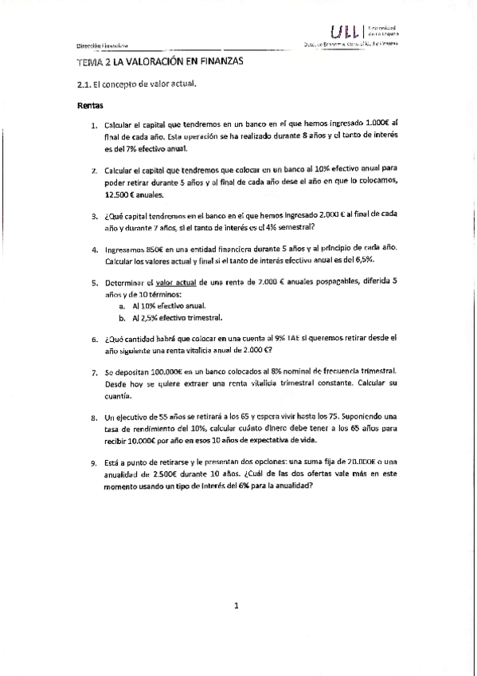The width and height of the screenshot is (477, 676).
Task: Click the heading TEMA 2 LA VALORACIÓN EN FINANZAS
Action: point(159,61)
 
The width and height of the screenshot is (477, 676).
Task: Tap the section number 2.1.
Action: point(84,83)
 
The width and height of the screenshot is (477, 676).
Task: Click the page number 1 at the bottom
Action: point(237,607)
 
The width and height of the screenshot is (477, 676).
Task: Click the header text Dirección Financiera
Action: point(104,45)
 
